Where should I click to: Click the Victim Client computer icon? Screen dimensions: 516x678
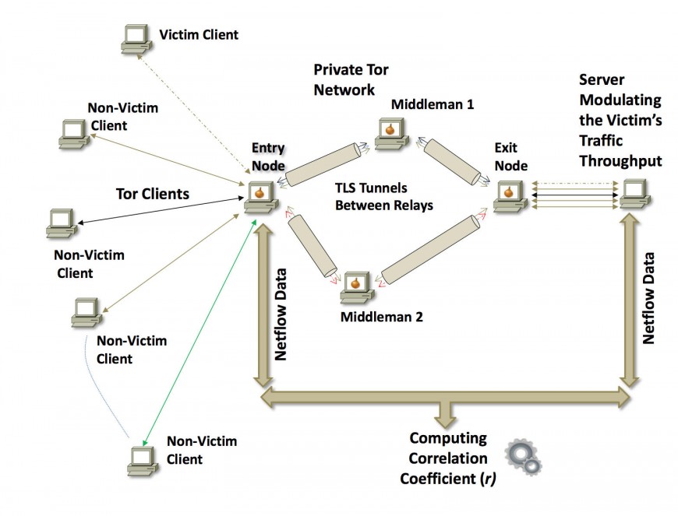click(x=136, y=37)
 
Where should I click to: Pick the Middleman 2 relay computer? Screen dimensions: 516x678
click(x=355, y=287)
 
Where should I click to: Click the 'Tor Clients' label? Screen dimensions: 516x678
click(x=152, y=194)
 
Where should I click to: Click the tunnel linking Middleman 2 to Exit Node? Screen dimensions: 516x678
click(x=433, y=250)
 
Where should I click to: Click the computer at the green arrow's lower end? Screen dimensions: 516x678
click(x=142, y=459)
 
